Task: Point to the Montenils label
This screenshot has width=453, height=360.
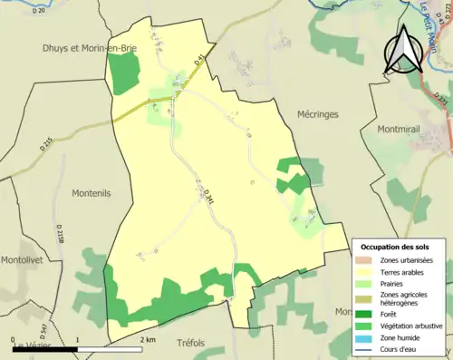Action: [x=90, y=194]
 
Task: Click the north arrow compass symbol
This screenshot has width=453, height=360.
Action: [x=403, y=50]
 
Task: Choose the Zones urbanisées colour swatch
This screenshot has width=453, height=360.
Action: [x=366, y=260]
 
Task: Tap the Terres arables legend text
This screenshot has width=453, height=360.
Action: [x=406, y=271]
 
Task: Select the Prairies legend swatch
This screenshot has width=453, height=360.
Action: [x=366, y=282]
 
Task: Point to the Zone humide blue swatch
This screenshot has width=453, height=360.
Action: [x=366, y=336]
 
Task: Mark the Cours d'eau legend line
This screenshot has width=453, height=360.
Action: [x=366, y=347]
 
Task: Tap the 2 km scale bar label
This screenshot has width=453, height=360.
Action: [x=149, y=339]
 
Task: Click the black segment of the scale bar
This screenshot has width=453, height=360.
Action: [x=44, y=348]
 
